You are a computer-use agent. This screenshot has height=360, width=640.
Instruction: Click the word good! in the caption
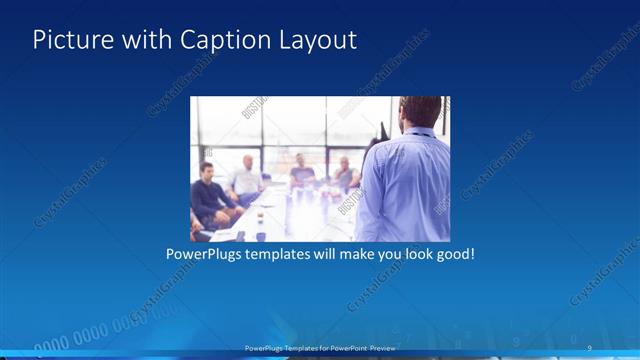(x=453, y=255)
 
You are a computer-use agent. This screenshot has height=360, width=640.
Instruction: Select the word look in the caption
(x=409, y=255)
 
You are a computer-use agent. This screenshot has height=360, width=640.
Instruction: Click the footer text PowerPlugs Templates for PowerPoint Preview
(x=320, y=348)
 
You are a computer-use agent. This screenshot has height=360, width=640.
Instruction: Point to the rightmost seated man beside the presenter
(x=344, y=174)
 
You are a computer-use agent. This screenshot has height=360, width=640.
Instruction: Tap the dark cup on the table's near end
(x=261, y=236)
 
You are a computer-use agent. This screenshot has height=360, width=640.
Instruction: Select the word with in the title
(x=143, y=40)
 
